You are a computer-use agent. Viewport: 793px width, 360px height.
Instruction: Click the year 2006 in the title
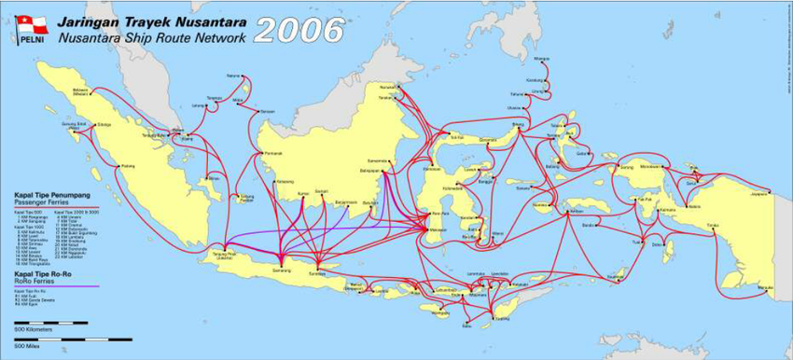[x=298, y=31]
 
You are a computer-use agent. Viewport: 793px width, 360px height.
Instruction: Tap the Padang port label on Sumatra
[x=128, y=167]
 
